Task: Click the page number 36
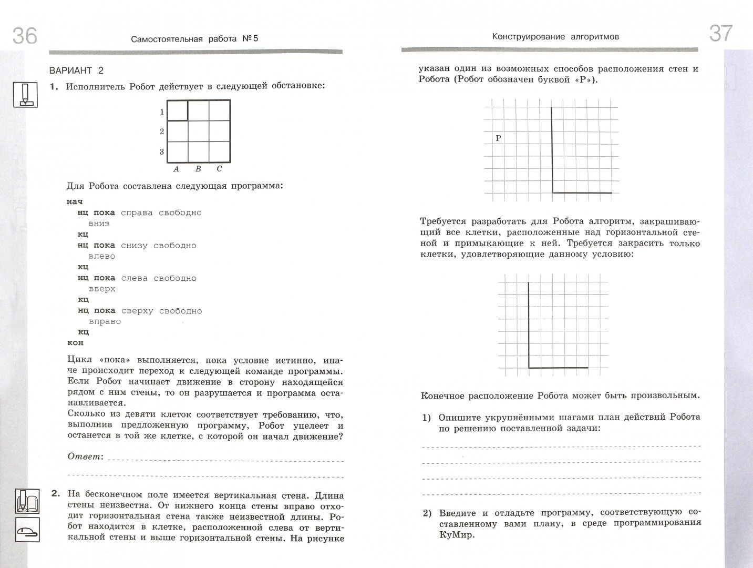[25, 36]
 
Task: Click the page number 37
[720, 33]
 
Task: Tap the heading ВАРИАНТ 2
[77, 70]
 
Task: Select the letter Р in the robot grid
[499, 138]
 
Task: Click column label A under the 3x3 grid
[176, 169]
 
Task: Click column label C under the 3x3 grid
[219, 169]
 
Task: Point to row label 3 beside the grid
[162, 152]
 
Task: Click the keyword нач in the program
[75, 201]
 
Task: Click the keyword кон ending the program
[75, 343]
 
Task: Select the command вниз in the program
[99, 224]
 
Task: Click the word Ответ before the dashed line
[84, 457]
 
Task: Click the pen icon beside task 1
[25, 95]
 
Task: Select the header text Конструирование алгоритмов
[555, 37]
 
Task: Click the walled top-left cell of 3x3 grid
[177, 111]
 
